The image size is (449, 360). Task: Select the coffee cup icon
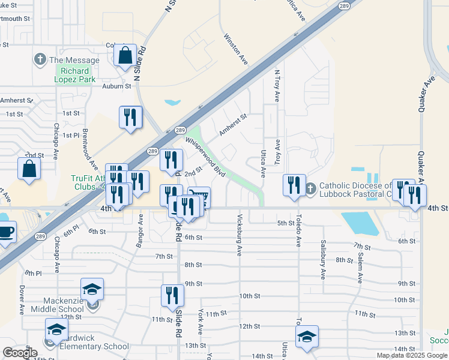(5, 232)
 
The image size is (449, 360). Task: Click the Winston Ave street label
(236, 49)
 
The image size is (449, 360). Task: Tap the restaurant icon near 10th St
(172, 296)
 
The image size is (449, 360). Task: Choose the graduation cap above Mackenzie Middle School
(92, 289)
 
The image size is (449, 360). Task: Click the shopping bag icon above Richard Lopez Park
(125, 55)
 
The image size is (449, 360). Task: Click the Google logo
(20, 353)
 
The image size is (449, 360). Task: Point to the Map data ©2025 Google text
(412, 355)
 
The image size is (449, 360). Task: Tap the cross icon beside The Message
(40, 59)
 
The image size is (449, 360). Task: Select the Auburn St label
(116, 86)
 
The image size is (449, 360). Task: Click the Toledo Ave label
(298, 230)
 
